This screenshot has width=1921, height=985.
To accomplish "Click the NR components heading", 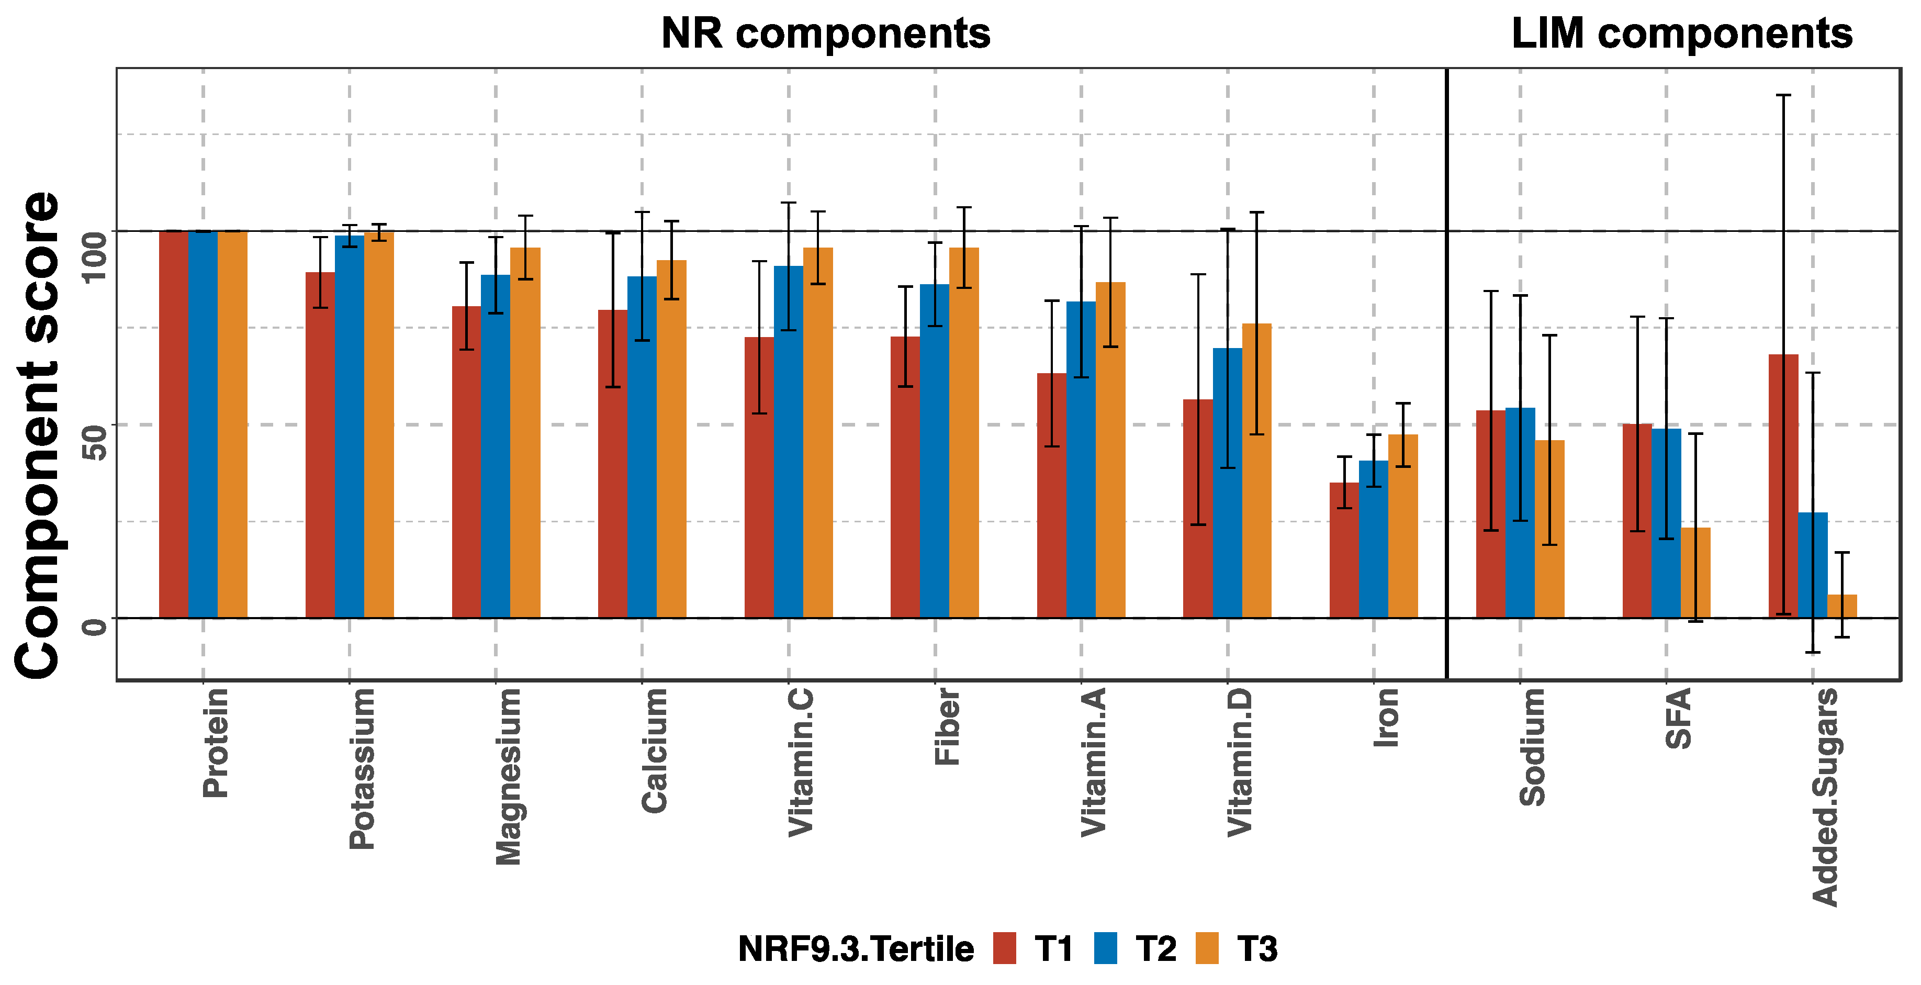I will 826,35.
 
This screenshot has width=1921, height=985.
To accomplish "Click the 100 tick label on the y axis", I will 94,258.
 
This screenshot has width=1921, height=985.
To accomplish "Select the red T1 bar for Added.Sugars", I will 1782,485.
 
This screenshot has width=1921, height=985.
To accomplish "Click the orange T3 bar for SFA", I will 1695,573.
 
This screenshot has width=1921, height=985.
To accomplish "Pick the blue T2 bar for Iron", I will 1373,539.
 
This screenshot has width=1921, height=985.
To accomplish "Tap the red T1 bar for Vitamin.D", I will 1198,509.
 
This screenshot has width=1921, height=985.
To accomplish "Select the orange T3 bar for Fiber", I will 963,432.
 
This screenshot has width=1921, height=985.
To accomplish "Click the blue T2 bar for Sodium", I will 1520,512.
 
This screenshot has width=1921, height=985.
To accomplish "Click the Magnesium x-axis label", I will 509,776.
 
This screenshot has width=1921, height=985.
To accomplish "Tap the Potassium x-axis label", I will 363,768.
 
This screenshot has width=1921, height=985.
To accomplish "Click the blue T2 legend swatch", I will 1105,948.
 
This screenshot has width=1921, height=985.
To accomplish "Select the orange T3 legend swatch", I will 1207,948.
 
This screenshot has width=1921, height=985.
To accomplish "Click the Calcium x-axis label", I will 655,750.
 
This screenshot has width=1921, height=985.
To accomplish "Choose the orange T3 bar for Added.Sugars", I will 1841,606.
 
